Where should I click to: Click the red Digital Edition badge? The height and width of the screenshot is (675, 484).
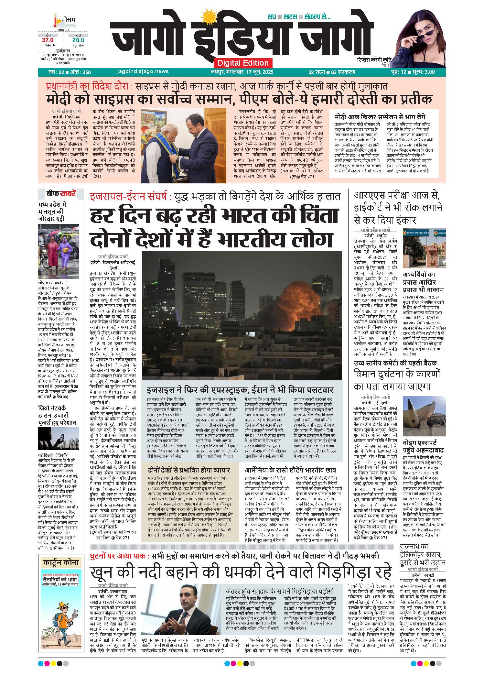coord(243,63)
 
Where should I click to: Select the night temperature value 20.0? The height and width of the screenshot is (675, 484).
coord(78,40)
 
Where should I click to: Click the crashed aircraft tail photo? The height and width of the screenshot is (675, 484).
coord(424,419)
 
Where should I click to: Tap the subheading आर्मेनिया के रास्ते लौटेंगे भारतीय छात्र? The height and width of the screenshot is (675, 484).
coord(291,470)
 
